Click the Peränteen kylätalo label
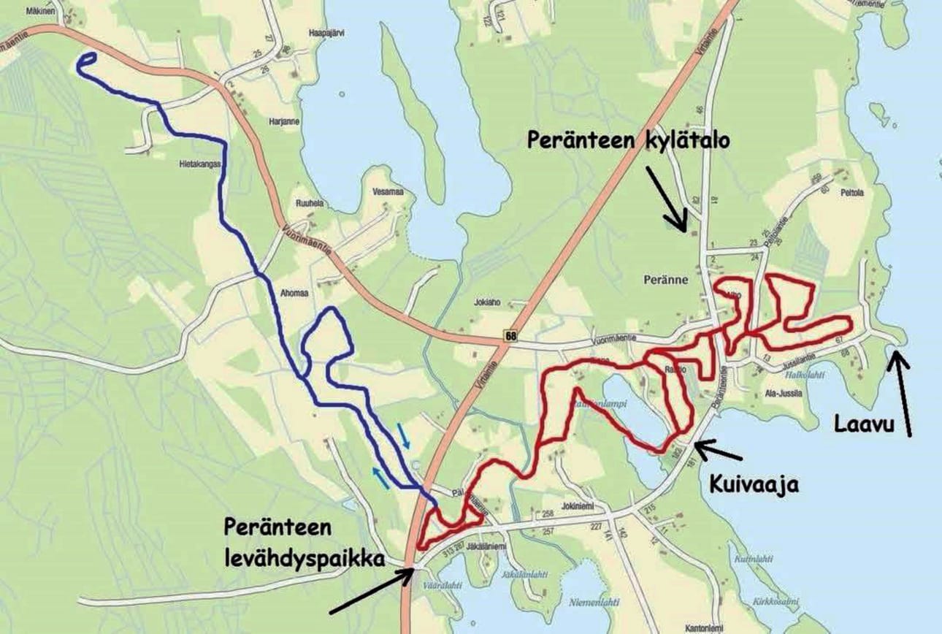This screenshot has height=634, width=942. (627, 141)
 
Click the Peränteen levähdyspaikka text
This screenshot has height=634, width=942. (305, 543)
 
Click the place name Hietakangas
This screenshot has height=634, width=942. (199, 165)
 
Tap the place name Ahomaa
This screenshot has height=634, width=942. (294, 293)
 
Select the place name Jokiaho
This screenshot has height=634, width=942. (486, 300)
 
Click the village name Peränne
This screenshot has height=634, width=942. (662, 279)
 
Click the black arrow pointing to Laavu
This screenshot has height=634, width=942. (903, 394)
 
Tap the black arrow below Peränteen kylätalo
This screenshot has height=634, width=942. (667, 197)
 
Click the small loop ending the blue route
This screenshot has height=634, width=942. (85, 62)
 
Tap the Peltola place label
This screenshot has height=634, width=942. (851, 194)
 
